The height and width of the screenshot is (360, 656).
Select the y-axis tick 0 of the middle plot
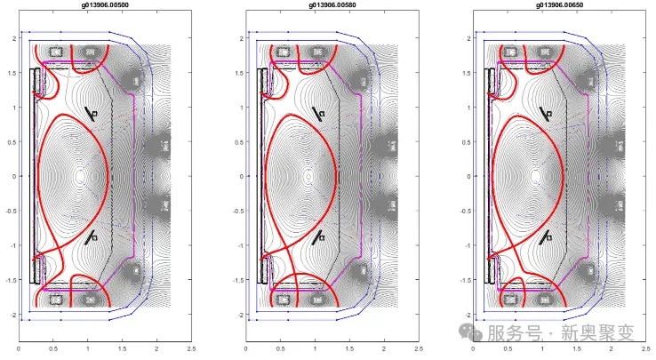click(x=237, y=177)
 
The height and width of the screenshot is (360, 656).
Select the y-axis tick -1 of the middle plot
click(x=236, y=245)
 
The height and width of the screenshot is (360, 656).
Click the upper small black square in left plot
click(x=96, y=115)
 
